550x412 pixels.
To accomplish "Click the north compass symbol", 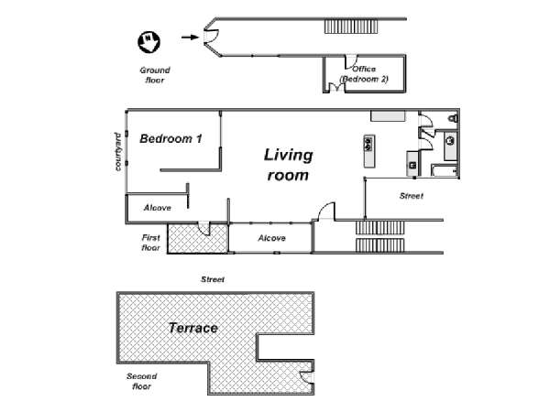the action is [x=148, y=42].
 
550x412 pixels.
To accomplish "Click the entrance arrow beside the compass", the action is [x=190, y=37].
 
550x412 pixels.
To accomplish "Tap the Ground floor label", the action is [x=155, y=75].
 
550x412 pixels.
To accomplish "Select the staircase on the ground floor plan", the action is [x=351, y=27].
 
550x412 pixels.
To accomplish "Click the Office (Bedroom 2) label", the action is [x=364, y=74].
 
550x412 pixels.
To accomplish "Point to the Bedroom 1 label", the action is [x=170, y=139].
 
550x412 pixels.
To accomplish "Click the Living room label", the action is [x=288, y=165].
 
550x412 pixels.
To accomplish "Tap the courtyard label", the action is [x=118, y=151].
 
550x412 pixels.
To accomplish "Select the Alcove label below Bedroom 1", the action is [x=158, y=208].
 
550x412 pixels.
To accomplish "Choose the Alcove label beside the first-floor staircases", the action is [x=272, y=238].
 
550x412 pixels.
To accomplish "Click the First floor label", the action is [x=151, y=243].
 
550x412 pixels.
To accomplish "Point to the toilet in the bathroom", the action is [x=453, y=118].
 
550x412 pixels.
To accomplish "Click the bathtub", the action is [x=445, y=170].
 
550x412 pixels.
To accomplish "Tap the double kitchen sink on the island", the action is [x=368, y=144].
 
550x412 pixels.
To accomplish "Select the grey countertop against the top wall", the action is [x=389, y=116].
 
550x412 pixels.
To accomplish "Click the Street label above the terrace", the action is [x=213, y=279].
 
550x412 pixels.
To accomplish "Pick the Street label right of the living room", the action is [x=412, y=196].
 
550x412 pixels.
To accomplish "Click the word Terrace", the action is [x=193, y=328].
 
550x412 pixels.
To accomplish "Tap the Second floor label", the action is [x=142, y=381].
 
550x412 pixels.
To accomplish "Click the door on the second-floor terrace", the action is [x=306, y=377].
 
